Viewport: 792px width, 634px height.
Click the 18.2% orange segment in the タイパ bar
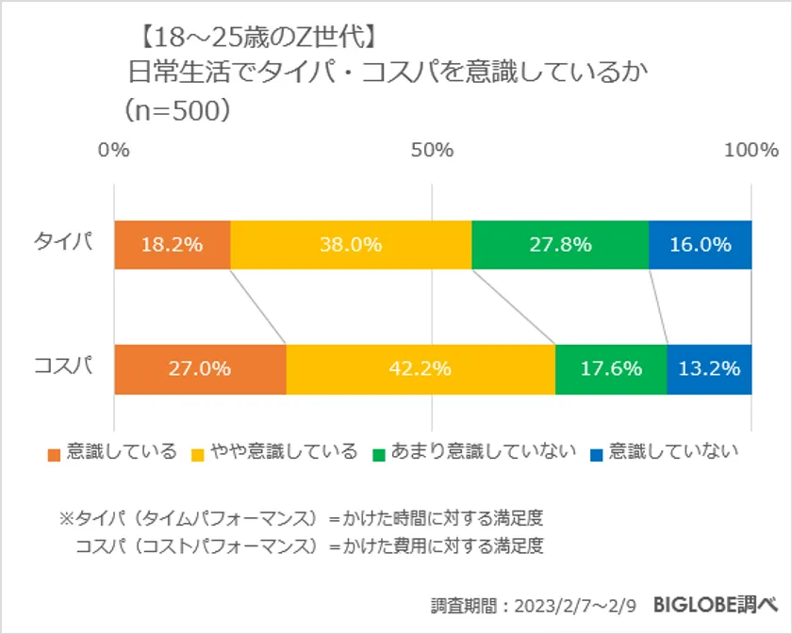point(172,245)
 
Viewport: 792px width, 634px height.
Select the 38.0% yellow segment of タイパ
point(351,245)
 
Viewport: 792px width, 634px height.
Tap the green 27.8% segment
point(560,245)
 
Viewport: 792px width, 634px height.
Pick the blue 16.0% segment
point(700,245)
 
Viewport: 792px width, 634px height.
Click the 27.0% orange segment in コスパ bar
point(200,368)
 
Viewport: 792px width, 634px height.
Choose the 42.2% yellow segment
point(421,368)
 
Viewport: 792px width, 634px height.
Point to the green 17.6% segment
point(611,368)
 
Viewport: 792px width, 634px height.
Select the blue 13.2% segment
point(709,368)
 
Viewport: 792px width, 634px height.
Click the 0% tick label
point(114,150)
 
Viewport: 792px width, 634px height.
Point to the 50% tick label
point(433,150)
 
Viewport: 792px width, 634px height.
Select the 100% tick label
point(751,150)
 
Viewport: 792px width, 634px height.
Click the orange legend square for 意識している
point(54,453)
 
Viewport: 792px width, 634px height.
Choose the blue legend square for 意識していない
point(596,453)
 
